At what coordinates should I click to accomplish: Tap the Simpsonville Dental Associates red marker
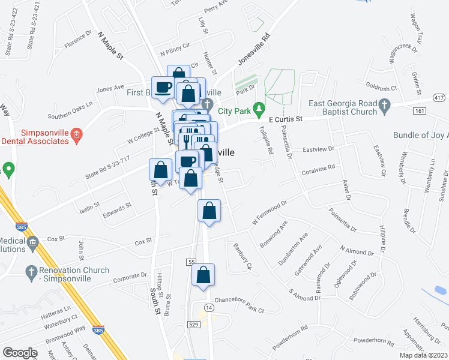(x=76, y=133)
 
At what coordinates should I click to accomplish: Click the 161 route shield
(x=420, y=111)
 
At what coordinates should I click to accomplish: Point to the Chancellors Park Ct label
(x=239, y=310)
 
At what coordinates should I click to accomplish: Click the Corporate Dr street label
(x=130, y=275)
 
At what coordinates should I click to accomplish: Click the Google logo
(x=20, y=353)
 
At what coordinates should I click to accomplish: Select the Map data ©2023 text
(x=423, y=355)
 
